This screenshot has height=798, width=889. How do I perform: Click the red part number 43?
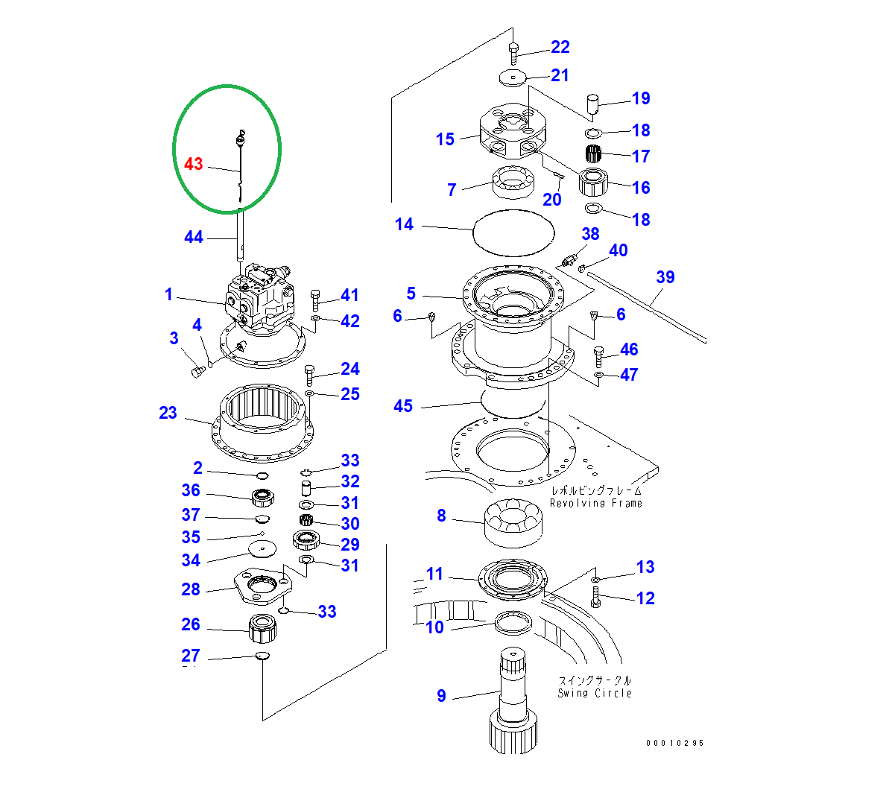click(x=193, y=164)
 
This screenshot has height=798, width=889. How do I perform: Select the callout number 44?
click(x=193, y=237)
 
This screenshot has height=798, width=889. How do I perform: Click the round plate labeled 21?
click(x=512, y=77)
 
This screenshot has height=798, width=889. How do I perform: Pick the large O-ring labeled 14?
click(x=514, y=232)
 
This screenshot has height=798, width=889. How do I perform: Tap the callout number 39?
click(x=665, y=277)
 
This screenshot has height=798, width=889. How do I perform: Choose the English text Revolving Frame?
click(x=595, y=503)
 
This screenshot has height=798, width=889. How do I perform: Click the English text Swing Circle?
click(x=594, y=693)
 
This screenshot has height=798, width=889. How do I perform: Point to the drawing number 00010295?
click(x=674, y=743)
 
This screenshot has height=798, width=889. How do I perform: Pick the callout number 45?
click(x=402, y=406)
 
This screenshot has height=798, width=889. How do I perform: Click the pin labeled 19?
click(x=594, y=104)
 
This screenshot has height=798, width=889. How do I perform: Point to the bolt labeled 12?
click(x=595, y=597)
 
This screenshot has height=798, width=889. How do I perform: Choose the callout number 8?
click(x=441, y=516)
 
